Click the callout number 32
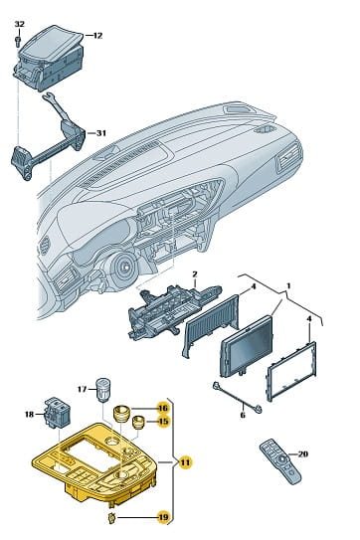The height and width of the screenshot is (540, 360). [20, 24]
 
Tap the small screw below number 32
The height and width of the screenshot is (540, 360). [19, 40]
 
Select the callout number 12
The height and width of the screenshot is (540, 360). [97, 36]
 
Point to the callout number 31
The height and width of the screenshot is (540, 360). [100, 133]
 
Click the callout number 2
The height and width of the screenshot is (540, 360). [195, 274]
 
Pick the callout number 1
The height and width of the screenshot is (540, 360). [288, 285]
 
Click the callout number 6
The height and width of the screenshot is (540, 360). [243, 415]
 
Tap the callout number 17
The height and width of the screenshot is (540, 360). [82, 389]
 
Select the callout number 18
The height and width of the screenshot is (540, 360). [29, 414]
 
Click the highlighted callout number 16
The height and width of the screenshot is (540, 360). [163, 408]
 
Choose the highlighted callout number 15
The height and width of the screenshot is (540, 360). [163, 422]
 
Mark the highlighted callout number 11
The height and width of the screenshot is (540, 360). [185, 461]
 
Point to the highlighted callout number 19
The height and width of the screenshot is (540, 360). [163, 517]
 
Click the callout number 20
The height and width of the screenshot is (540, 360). [302, 453]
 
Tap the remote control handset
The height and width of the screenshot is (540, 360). [280, 461]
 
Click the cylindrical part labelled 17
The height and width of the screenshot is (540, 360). [103, 390]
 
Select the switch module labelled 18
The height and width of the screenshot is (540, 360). [57, 413]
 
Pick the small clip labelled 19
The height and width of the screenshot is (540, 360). [111, 517]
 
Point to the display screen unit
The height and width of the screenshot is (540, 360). [246, 346]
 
